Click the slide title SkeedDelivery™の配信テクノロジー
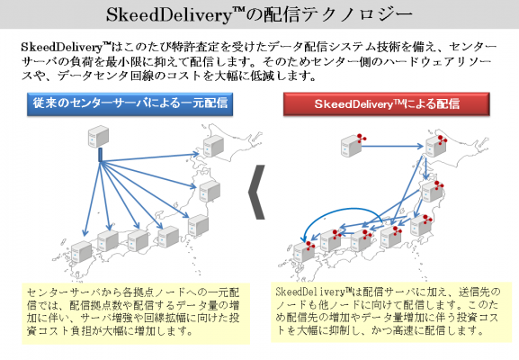coord(259,14)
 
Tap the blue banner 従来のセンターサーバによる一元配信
coord(130,104)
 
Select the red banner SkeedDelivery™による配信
coord(386,104)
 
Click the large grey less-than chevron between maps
coord(257,192)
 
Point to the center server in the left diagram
coord(98,136)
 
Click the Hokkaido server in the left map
coord(213,146)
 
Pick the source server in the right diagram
coord(351,146)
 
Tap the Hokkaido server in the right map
coord(436,146)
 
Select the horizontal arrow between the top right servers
coord(392,146)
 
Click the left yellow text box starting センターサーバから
coord(136,313)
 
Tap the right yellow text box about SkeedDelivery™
coord(391,312)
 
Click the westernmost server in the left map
coord(82,252)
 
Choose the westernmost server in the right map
coord(303,252)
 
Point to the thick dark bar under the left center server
coord(100,155)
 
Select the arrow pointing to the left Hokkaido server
coord(149,157)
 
